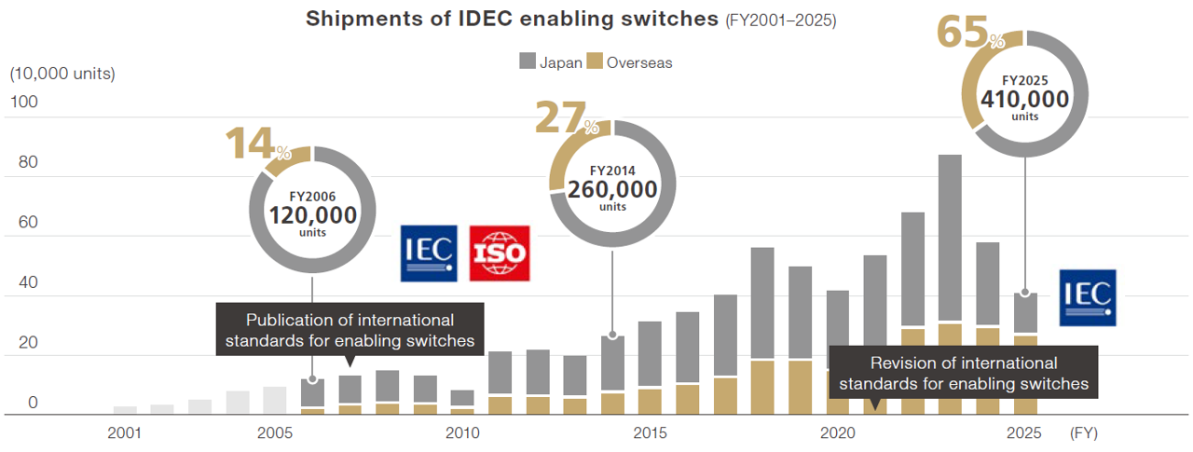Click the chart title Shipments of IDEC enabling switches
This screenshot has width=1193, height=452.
[513, 20]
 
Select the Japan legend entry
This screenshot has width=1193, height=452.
[551, 62]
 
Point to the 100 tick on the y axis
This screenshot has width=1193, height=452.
[24, 103]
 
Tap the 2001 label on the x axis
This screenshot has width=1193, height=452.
[125, 432]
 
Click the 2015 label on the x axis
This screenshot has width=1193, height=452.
[650, 432]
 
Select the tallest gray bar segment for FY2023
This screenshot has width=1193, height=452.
[950, 238]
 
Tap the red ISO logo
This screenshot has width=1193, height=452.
[499, 253]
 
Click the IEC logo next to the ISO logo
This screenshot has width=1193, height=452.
[428, 253]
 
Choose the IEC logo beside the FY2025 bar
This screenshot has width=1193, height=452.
[1088, 297]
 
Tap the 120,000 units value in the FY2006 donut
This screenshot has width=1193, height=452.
[313, 215]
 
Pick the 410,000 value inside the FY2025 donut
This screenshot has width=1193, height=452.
[1024, 98]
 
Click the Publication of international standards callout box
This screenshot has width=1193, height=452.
[350, 330]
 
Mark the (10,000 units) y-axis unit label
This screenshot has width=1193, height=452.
[62, 74]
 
